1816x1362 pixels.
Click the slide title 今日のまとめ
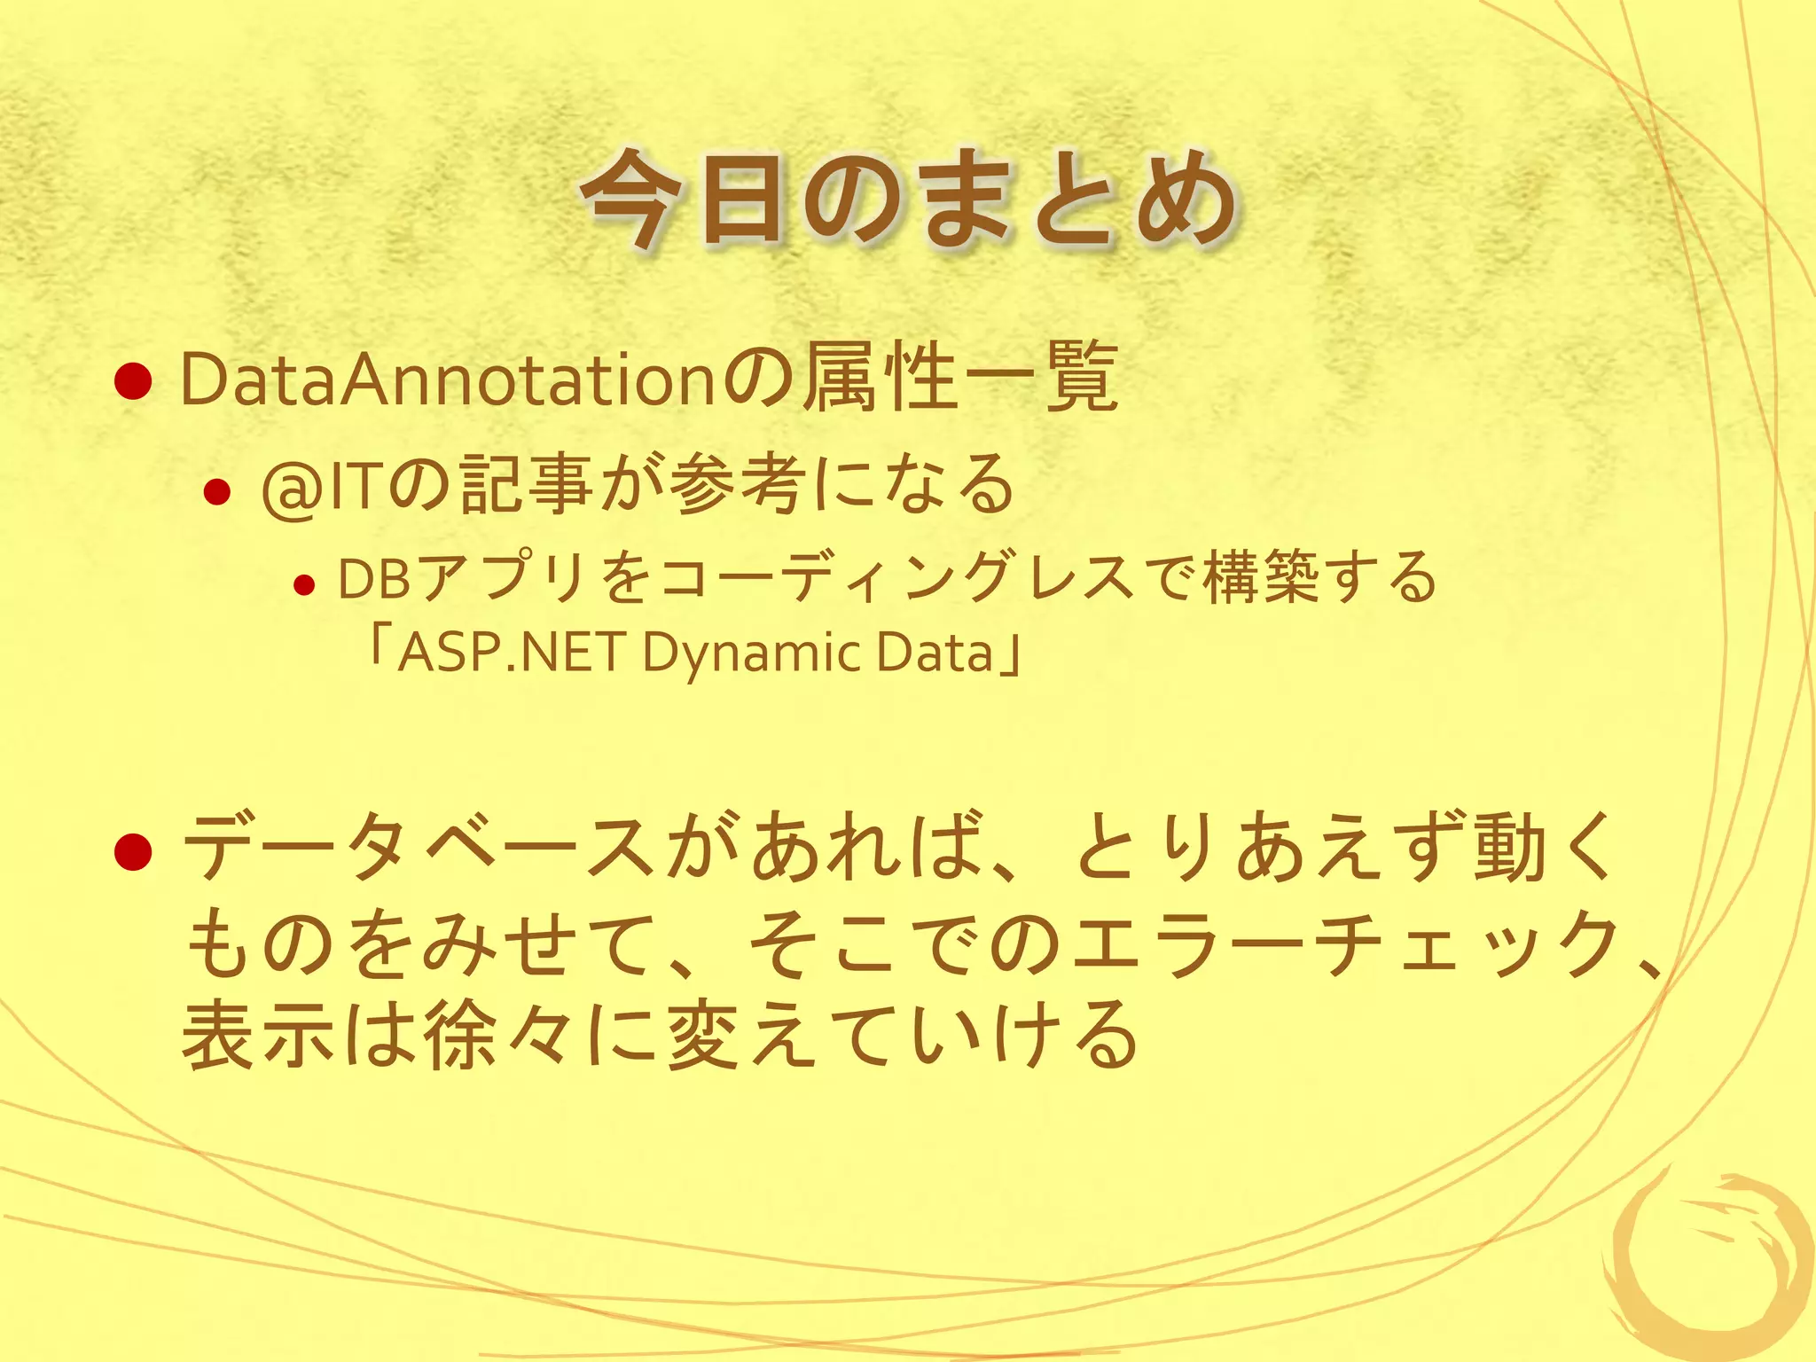pos(909,200)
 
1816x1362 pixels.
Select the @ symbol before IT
pos(292,487)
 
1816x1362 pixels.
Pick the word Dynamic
pos(750,654)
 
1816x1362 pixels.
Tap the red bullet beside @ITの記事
pos(216,490)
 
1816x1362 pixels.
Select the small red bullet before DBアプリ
pos(304,585)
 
